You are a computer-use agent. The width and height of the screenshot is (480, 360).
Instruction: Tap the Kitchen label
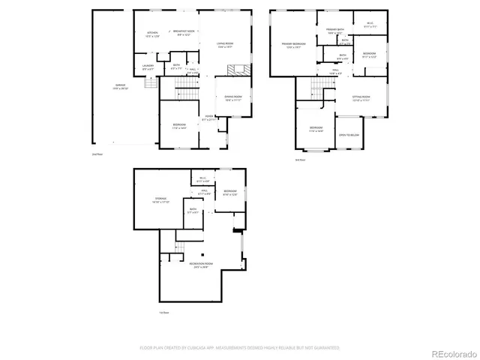153,34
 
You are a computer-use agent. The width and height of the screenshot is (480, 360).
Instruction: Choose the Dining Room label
233,97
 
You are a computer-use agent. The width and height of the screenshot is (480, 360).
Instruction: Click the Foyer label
212,118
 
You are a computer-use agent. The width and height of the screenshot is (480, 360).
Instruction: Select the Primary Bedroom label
292,45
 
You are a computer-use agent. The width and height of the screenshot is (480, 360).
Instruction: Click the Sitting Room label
362,98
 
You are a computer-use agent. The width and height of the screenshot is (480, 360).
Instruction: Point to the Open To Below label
349,135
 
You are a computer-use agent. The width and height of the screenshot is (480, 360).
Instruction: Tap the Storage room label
160,200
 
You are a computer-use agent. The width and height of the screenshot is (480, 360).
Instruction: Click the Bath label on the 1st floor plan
193,211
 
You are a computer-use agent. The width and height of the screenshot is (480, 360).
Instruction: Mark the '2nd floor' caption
96,153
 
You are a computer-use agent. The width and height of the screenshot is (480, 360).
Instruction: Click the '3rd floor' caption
299,159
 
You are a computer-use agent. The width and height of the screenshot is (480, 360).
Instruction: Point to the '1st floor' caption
163,312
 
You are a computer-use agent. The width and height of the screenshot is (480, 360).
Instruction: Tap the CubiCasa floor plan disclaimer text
240,348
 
